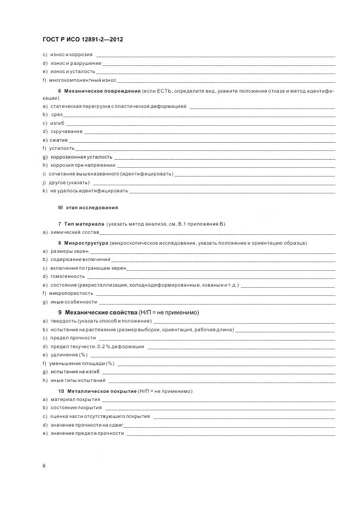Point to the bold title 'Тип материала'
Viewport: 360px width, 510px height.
pos(84,224)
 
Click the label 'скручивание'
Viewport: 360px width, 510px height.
pos(66,131)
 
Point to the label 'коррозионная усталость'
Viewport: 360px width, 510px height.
pos(81,156)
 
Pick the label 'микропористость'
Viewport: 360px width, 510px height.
pos(71,293)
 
